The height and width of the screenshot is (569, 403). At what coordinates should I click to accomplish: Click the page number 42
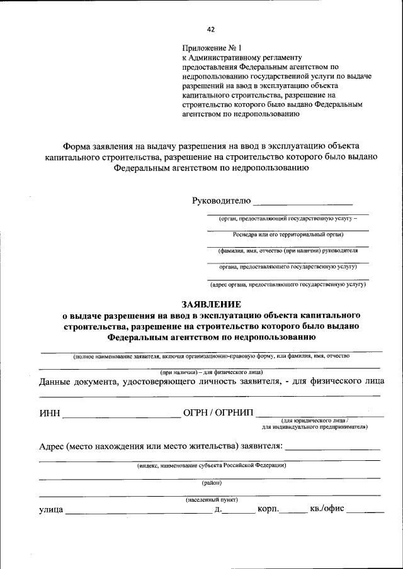[x=211, y=28]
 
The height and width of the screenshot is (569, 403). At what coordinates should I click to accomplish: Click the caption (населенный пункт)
[x=211, y=500]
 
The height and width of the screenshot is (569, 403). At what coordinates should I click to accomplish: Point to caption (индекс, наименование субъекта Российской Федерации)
[x=212, y=466]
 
